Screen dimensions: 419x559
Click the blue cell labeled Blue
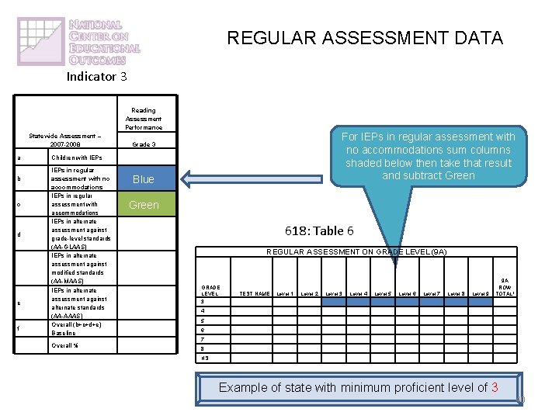[x=143, y=179]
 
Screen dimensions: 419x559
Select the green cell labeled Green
[x=143, y=205]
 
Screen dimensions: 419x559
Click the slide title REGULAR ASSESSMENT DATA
[x=365, y=37]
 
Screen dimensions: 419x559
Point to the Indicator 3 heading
[x=96, y=76]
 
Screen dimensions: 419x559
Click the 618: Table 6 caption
[x=319, y=230]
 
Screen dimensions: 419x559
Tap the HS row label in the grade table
[x=204, y=358]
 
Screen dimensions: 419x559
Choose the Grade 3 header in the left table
[x=143, y=144]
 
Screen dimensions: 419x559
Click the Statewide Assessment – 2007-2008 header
[x=65, y=140]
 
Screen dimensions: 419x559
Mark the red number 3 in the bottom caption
[x=494, y=387]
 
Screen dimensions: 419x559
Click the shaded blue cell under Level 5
[x=384, y=303]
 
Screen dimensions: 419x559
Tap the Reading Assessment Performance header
[x=143, y=119]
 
